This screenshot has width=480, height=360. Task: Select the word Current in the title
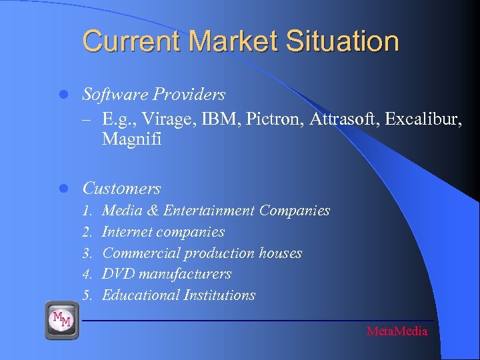[x=132, y=41]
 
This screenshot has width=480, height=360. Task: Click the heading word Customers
[x=121, y=189]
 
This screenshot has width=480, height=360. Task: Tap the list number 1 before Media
[x=87, y=211]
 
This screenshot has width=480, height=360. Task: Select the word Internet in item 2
[x=127, y=233]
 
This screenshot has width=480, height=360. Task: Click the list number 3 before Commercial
[x=87, y=254]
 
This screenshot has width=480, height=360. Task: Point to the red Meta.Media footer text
[x=397, y=331]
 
